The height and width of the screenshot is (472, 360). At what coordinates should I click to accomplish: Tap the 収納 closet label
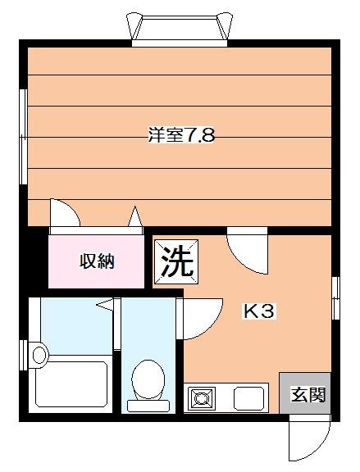coord(97,261)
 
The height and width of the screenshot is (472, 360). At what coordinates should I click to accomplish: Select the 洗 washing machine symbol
coord(176,261)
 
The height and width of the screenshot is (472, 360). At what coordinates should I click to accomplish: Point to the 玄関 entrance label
coord(308,396)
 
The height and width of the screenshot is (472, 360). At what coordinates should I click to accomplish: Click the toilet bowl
coord(148,378)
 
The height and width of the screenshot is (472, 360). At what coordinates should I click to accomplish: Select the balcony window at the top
coord(180,29)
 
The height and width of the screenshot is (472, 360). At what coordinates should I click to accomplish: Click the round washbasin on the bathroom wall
coord(39,354)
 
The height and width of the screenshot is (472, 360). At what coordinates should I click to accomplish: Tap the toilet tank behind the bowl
coord(148,404)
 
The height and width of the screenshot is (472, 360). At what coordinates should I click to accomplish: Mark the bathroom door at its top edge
coord(104,304)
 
